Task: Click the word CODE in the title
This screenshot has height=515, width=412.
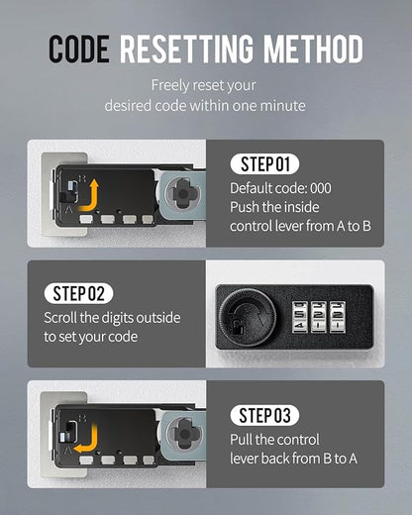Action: pyautogui.click(x=79, y=49)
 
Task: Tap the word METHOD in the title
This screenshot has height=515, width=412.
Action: pyautogui.click(x=313, y=49)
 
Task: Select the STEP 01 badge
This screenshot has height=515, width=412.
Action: pyautogui.click(x=264, y=163)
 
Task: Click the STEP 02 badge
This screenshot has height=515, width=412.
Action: pyautogui.click(x=78, y=293)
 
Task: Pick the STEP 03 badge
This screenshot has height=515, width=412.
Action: pyautogui.click(x=264, y=415)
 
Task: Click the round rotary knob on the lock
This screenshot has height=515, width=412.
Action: pyautogui.click(x=249, y=318)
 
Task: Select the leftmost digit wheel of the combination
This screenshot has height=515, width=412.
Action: pyautogui.click(x=300, y=317)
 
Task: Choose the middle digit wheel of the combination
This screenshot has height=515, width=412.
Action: pyautogui.click(x=319, y=317)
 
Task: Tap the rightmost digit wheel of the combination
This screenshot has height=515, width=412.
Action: pyautogui.click(x=338, y=317)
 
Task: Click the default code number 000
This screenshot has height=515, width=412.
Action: pyautogui.click(x=321, y=188)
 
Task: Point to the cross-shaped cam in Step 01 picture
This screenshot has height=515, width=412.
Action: pyautogui.click(x=182, y=193)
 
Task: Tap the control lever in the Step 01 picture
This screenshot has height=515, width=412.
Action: pyautogui.click(x=72, y=190)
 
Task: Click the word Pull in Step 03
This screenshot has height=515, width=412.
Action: pyautogui.click(x=242, y=440)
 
